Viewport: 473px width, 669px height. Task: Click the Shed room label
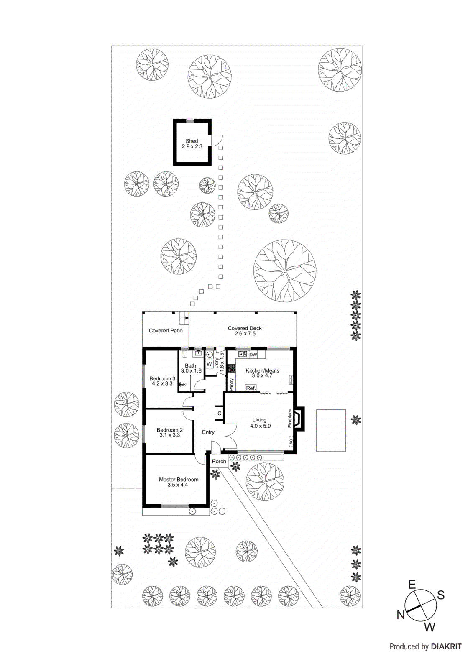pos(192,141)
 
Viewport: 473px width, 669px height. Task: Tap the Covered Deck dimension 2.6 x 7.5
pos(245,334)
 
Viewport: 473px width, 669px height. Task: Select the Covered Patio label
pos(166,330)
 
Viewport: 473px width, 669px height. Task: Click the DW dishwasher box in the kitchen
pos(253,355)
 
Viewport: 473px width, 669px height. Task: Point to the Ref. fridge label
pos(251,388)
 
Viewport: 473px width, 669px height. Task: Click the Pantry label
pos(232,384)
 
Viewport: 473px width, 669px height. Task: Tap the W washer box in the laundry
pos(209,364)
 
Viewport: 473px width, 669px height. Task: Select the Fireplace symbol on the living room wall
pos(298,419)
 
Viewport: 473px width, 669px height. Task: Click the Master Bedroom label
pos(179,480)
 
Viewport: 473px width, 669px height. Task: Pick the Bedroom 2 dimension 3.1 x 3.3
pos(169,435)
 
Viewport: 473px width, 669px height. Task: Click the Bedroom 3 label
pos(162,378)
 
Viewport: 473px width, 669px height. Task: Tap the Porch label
pos(219,461)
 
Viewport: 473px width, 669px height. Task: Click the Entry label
pos(208,432)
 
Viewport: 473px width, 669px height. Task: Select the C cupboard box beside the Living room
pos(219,414)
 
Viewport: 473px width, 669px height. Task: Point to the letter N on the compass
pos(401,614)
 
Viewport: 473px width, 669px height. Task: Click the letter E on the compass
pos(412,585)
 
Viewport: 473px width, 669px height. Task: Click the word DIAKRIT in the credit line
pos(446,646)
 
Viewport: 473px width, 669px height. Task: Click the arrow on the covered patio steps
pos(187,318)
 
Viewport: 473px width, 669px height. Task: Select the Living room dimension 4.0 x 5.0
pos(260,426)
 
